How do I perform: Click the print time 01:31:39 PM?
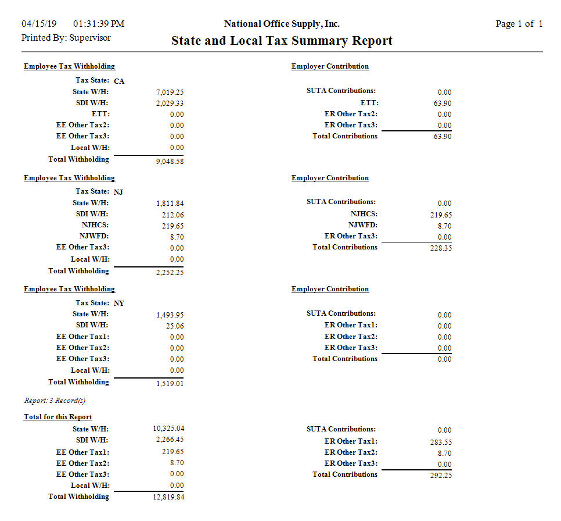point(99,24)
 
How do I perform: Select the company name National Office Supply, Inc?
point(282,24)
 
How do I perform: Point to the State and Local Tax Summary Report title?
point(282,41)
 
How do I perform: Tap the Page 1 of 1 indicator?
point(519,24)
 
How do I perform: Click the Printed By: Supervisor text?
point(66,38)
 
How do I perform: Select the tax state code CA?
point(119,81)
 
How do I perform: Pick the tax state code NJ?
point(118,192)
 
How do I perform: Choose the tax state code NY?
point(119,304)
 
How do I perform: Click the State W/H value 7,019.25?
point(170,92)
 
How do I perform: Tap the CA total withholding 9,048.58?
point(170,162)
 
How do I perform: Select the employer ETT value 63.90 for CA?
point(443,104)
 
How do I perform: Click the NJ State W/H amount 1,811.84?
point(170,204)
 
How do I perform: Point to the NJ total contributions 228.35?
point(440,248)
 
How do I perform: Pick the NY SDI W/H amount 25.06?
point(174,326)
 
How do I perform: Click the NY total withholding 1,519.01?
point(170,384)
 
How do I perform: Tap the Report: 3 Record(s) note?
point(55,401)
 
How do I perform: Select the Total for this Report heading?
point(57,417)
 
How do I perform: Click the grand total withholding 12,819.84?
point(168,497)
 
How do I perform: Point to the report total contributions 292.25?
point(440,476)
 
